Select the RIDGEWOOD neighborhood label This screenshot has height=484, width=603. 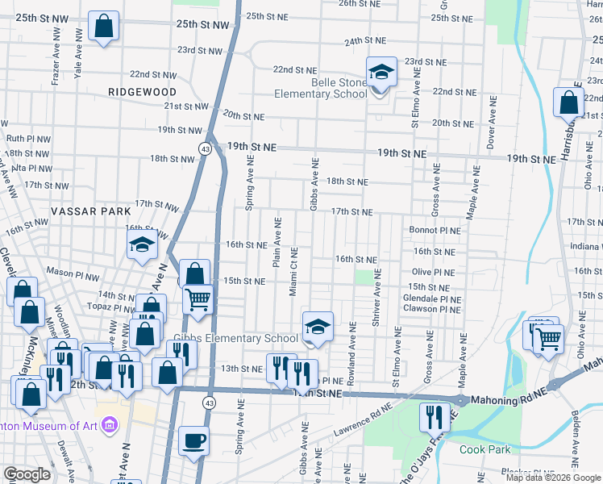click(142, 92)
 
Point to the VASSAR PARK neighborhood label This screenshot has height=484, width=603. click(90, 211)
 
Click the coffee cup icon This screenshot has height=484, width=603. click(194, 441)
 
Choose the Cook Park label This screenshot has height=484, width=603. click(483, 449)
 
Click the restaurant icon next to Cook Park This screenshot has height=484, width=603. click(434, 417)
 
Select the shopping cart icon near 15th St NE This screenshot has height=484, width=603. click(197, 300)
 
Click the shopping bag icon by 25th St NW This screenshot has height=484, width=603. click(104, 26)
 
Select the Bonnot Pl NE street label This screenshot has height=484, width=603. click(435, 230)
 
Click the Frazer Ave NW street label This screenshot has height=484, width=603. click(56, 65)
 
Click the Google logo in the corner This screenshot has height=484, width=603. click(27, 474)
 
